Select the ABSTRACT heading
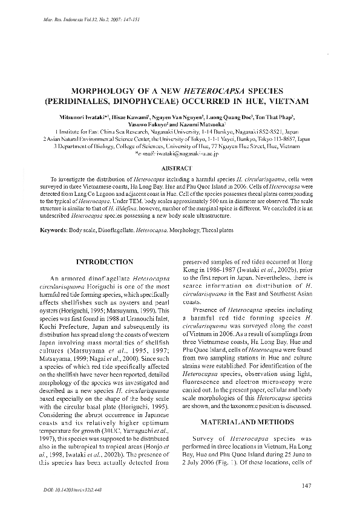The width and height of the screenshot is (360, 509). [179, 167]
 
